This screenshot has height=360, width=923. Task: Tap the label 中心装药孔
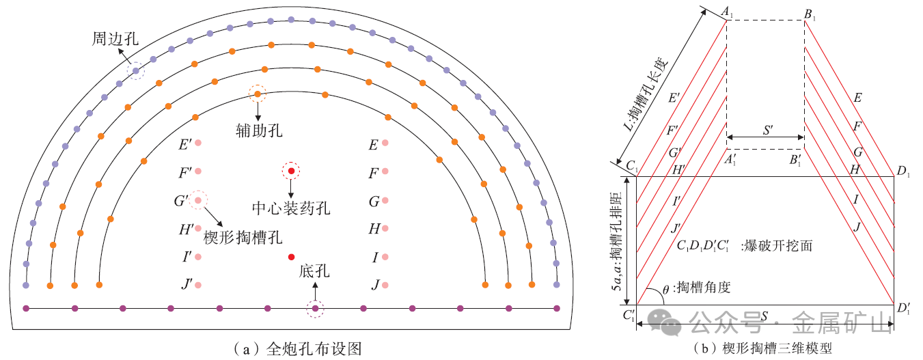click(291, 207)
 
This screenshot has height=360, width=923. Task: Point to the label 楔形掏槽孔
click(243, 237)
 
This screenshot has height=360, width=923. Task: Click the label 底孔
click(314, 272)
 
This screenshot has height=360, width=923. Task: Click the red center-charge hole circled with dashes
click(292, 170)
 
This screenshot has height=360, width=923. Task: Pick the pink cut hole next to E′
click(198, 143)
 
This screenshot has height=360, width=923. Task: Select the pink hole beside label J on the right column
click(385, 285)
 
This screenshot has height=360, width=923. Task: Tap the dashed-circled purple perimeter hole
click(136, 70)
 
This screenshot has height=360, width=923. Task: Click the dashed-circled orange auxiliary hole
click(258, 94)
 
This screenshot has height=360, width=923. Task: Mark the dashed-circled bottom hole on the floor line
click(315, 309)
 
